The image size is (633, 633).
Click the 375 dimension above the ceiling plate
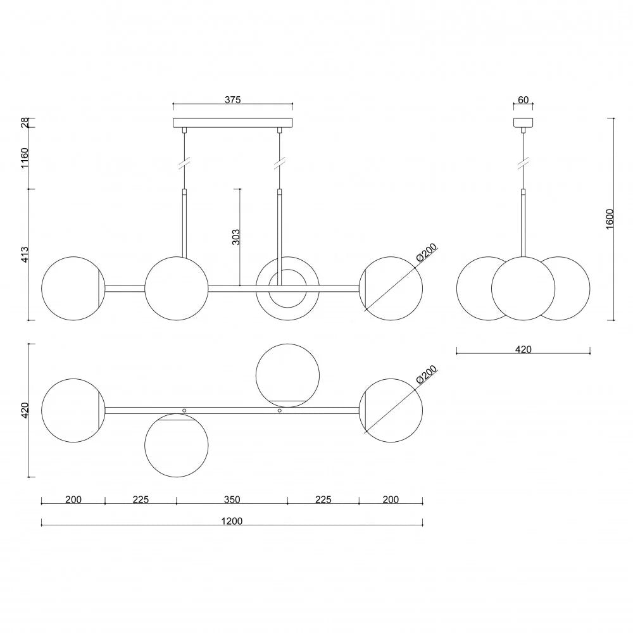coord(232,100)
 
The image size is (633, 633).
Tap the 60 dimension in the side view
coord(523,100)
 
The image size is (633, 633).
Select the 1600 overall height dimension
coord(610,219)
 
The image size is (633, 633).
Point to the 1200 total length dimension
coord(232,521)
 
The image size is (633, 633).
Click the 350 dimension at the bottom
coord(232,499)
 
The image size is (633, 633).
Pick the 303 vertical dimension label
coord(236,237)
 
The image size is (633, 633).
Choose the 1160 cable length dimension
coord(25,158)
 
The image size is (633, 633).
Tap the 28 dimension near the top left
coord(25,123)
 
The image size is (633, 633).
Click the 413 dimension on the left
coord(25,254)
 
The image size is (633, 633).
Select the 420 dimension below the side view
coord(523,349)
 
